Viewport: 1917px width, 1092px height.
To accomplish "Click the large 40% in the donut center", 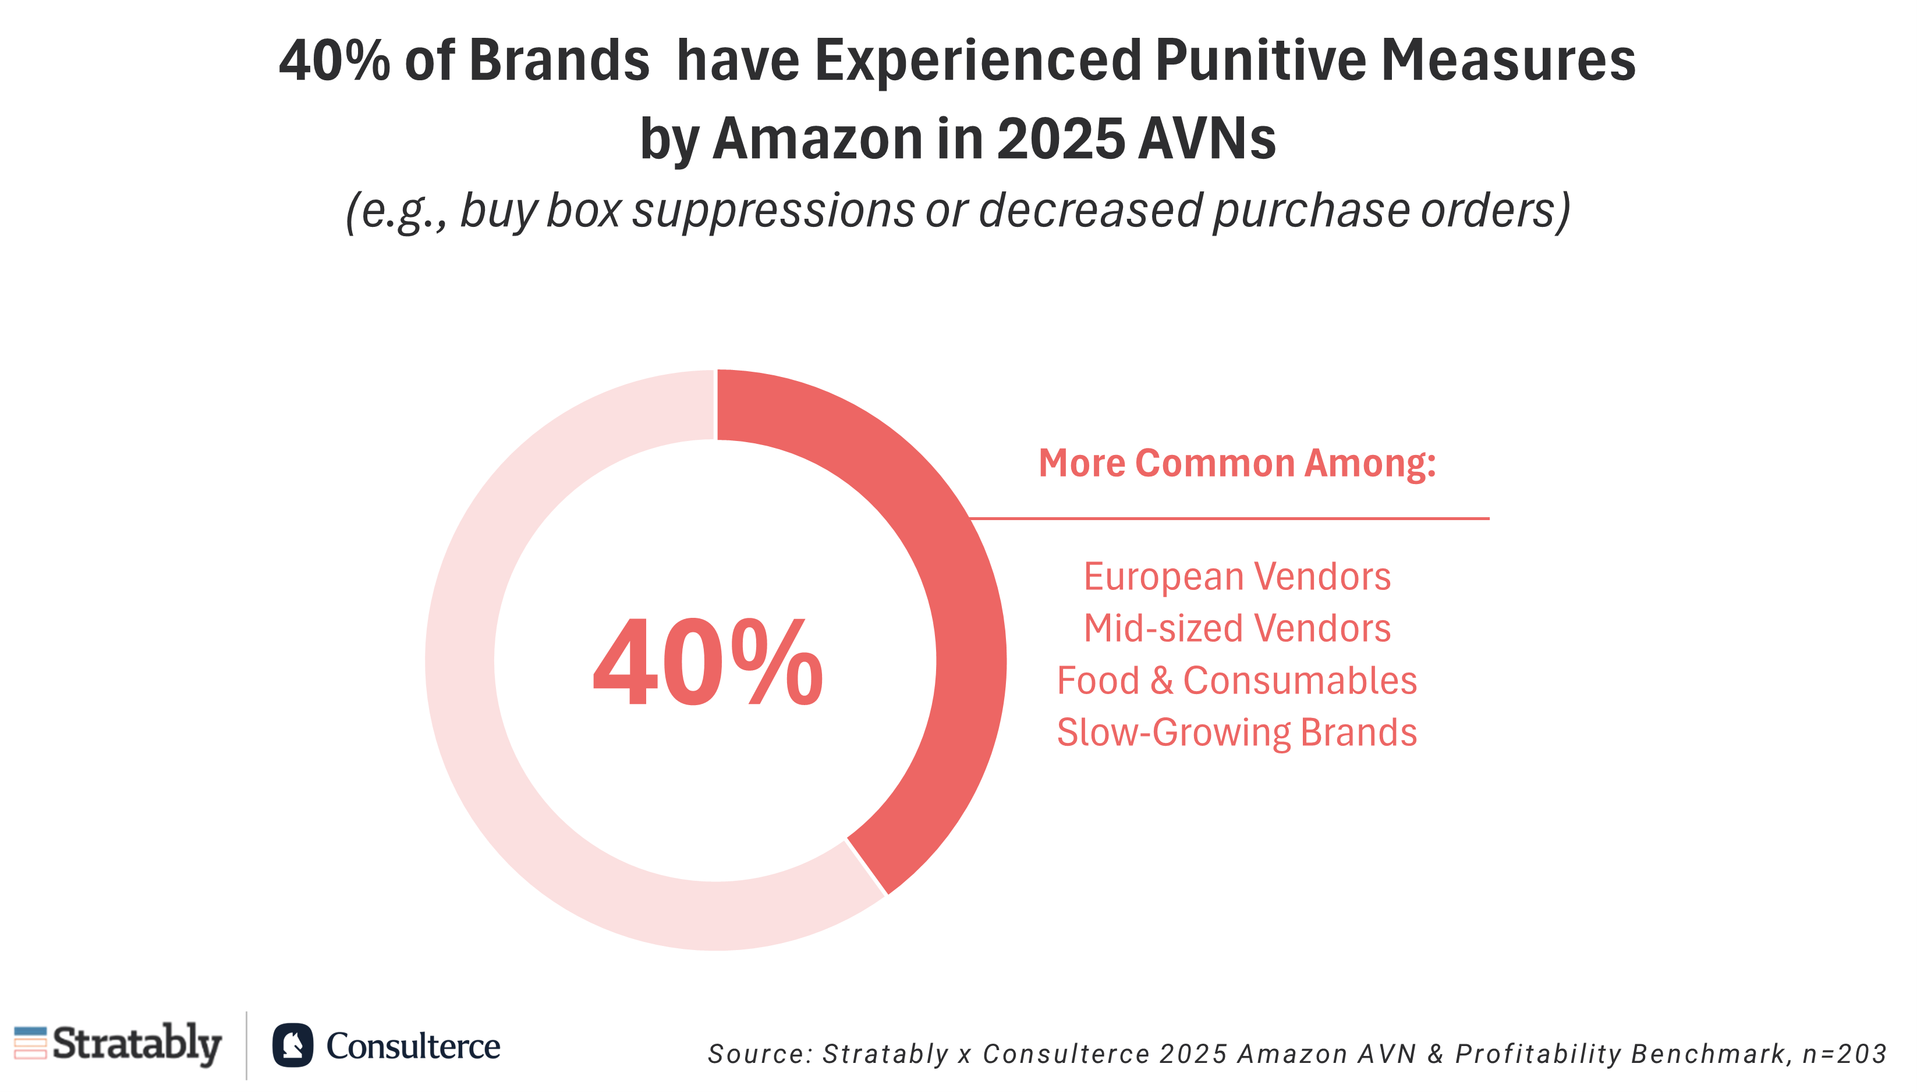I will click(x=707, y=663).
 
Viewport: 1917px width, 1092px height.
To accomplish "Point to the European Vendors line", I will click(x=1236, y=577).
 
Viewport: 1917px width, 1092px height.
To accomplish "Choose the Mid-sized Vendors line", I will click(x=1236, y=628).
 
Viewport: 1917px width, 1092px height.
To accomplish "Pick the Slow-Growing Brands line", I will click(x=1236, y=732).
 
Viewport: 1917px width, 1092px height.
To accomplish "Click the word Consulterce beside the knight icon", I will click(x=413, y=1045).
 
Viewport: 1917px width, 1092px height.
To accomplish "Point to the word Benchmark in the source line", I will click(x=1709, y=1054).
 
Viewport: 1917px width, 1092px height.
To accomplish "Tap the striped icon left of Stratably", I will click(x=30, y=1043).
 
